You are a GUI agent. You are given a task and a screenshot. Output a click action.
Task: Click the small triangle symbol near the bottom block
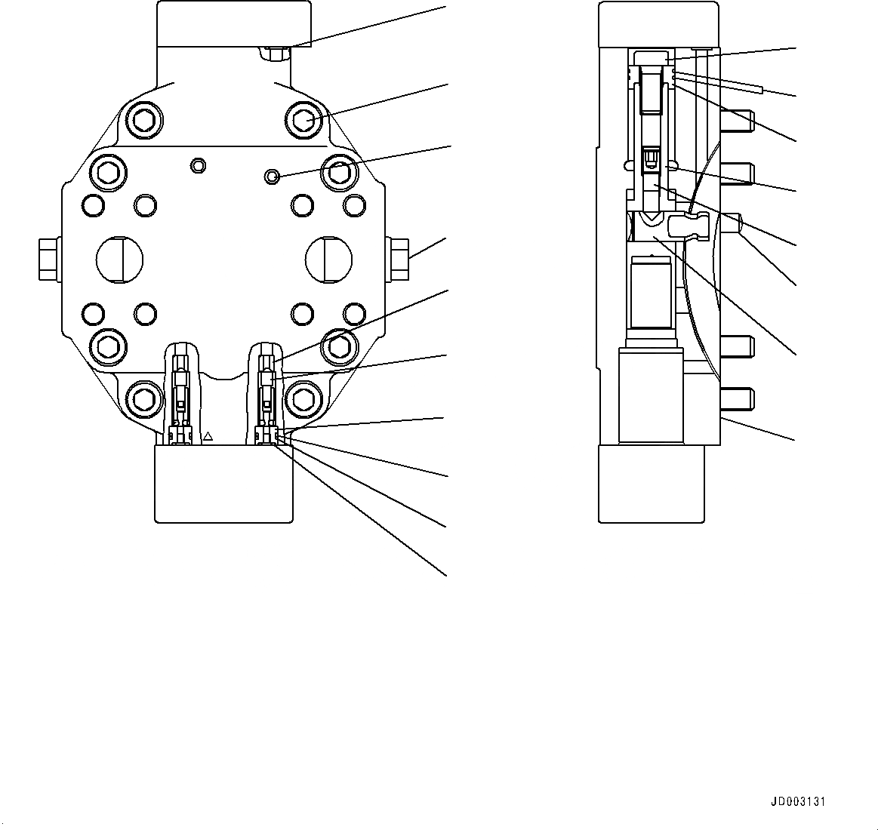[x=209, y=436]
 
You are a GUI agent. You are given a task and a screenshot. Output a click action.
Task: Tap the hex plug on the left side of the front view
[x=48, y=258]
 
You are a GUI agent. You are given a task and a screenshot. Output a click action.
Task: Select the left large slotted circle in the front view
[x=119, y=260]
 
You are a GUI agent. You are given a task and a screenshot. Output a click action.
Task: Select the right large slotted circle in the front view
[x=328, y=260]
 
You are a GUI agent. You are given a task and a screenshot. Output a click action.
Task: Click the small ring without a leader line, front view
[x=199, y=164]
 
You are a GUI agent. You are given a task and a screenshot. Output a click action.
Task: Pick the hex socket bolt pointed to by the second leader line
[x=304, y=118]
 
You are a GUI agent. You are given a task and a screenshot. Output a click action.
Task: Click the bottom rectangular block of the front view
[x=223, y=483]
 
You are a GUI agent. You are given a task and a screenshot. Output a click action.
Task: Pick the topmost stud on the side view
[x=738, y=120]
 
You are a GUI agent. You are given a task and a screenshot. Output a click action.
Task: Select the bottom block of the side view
[x=651, y=483]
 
